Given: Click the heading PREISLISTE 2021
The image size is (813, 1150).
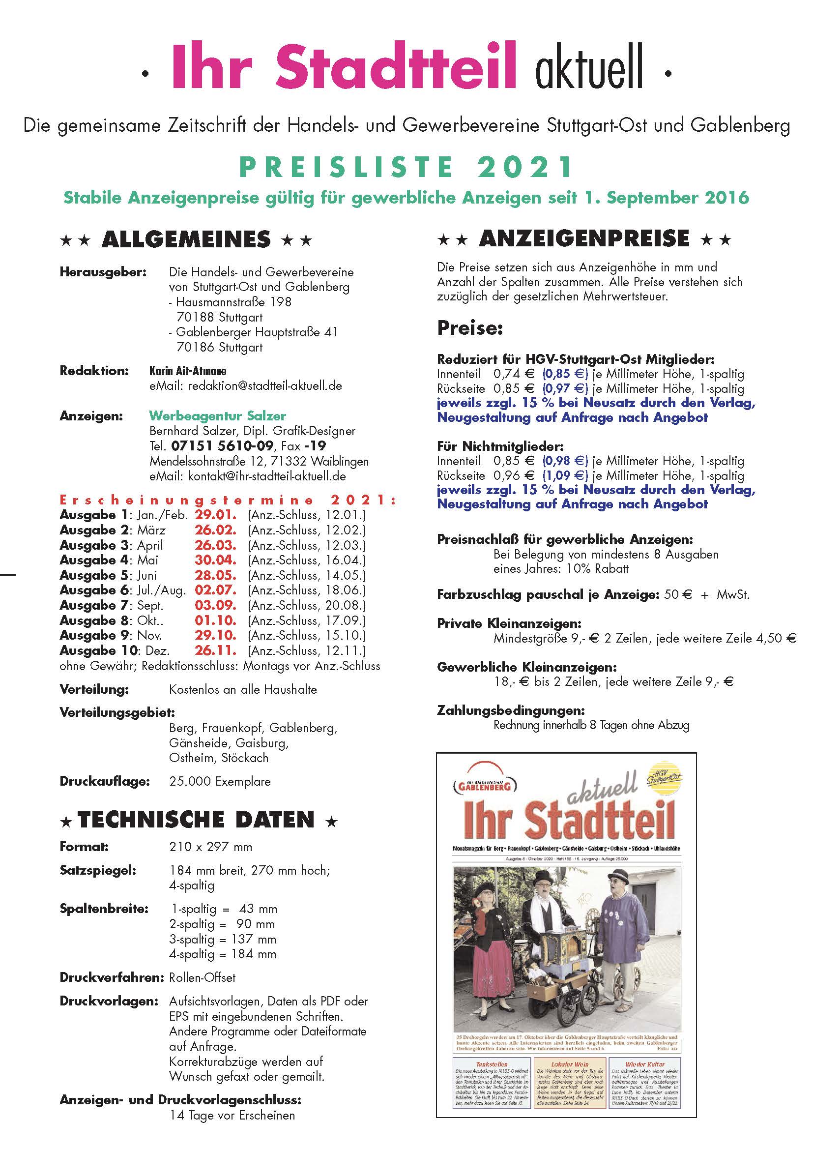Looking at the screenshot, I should pyautogui.click(x=406, y=167).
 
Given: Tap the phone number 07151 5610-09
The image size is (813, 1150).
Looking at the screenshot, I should pyautogui.click(x=222, y=446).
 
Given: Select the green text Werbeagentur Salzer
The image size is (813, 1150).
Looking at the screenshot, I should pyautogui.click(x=217, y=416).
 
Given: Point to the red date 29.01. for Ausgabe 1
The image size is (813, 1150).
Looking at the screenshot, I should pyautogui.click(x=215, y=515).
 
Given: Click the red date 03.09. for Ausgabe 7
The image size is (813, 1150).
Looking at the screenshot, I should pyautogui.click(x=215, y=605).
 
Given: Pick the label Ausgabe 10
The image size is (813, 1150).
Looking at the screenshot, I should pyautogui.click(x=99, y=650).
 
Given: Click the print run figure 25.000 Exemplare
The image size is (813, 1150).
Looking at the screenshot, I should pyautogui.click(x=220, y=781).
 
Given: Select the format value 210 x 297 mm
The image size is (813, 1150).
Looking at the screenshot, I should pyautogui.click(x=211, y=847).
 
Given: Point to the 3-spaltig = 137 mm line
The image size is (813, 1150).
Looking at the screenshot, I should pyautogui.click(x=223, y=939).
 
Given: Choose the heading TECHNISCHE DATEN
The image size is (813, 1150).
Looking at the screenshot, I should pyautogui.click(x=196, y=820).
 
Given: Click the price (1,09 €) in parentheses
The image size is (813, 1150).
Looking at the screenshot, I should pyautogui.click(x=565, y=475).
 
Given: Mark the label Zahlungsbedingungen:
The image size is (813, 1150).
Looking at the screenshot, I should pyautogui.click(x=511, y=710).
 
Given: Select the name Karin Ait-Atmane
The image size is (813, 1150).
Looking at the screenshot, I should pyautogui.click(x=188, y=371).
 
